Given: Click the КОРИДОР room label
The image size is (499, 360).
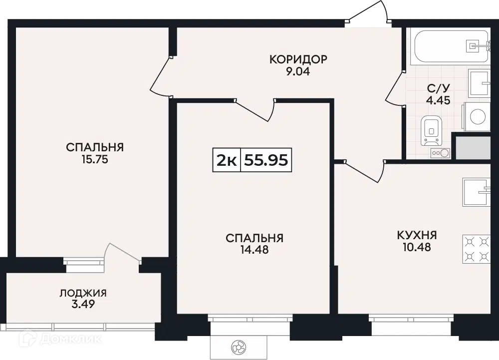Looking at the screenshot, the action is click(x=298, y=59).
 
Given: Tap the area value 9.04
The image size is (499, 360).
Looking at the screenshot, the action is click(x=298, y=71).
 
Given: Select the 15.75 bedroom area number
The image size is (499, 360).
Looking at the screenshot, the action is click(x=95, y=159).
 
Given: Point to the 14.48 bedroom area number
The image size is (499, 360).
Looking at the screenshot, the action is click(x=254, y=250).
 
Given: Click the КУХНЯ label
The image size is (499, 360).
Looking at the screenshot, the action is click(x=417, y=235).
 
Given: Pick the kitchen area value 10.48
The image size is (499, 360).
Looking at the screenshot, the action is click(x=417, y=247).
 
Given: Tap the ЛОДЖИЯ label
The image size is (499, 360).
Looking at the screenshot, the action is click(x=83, y=293).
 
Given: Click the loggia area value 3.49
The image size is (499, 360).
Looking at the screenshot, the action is click(x=83, y=305).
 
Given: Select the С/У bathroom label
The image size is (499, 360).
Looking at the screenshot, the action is click(x=438, y=88).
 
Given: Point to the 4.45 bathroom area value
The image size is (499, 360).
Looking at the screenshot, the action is click(x=438, y=100).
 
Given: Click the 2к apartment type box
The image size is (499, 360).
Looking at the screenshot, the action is click(x=227, y=160).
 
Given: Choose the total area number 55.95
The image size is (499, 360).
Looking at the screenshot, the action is click(x=266, y=160).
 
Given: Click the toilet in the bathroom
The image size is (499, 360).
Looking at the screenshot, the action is click(x=432, y=131).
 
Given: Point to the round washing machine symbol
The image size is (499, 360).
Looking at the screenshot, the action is click(x=477, y=116).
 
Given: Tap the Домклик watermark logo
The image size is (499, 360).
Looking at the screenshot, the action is click(x=60, y=339).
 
